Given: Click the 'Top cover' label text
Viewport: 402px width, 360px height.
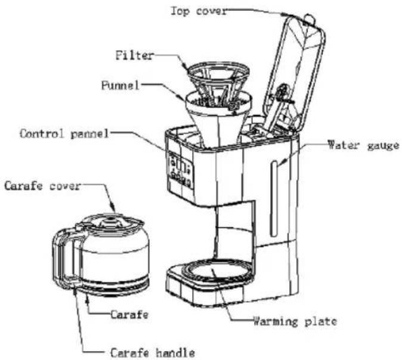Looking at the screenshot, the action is [199, 11].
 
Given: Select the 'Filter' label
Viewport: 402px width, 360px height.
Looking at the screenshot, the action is [135, 55].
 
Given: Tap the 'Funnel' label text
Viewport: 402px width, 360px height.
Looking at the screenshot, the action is [120, 85].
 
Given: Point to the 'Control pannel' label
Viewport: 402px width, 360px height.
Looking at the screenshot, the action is [64, 134].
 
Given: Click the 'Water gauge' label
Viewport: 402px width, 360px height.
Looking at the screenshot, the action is [364, 145].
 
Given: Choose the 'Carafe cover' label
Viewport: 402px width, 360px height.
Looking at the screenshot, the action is [42, 186].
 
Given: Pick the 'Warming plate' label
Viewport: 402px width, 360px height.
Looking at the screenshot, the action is [295, 321].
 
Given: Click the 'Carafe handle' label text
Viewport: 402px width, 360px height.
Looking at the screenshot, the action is [152, 353].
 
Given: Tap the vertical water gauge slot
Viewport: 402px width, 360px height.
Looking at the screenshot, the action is [274, 198].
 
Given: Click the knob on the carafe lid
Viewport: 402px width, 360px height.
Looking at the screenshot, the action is [111, 221].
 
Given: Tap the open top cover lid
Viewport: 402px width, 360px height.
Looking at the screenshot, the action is [295, 75].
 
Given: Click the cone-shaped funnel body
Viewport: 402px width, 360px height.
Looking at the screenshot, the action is [218, 120].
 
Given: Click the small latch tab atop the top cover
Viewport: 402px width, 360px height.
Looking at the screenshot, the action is [309, 18].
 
